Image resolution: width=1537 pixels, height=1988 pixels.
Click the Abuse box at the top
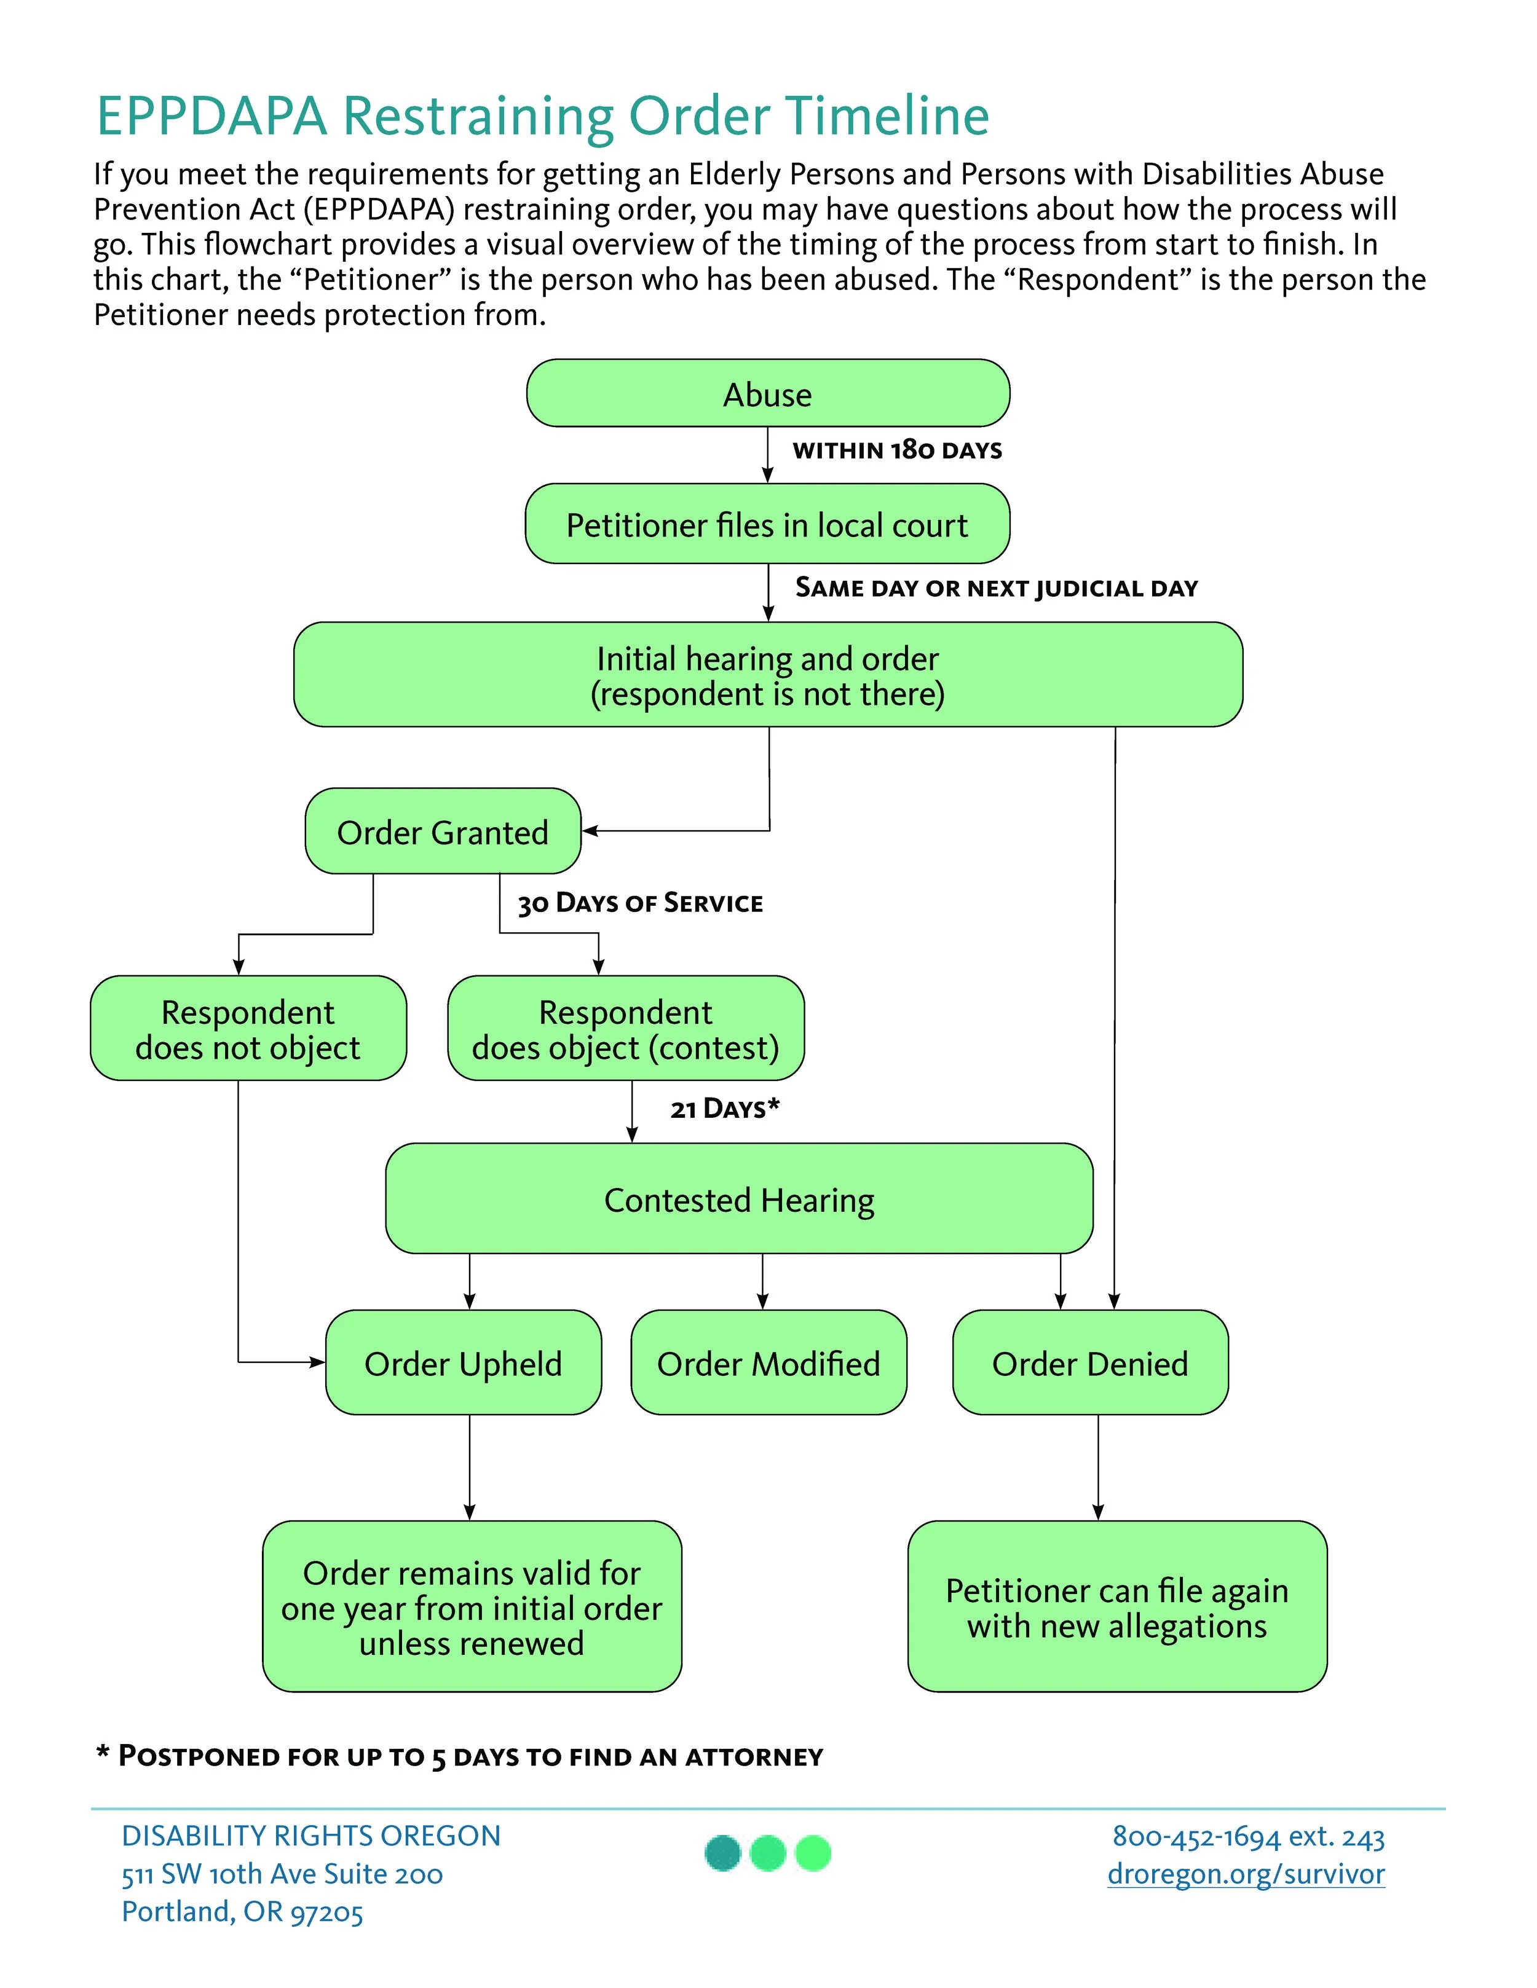(768, 393)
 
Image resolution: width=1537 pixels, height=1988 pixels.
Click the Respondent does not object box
(248, 1029)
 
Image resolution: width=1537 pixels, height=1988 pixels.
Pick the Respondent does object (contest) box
(625, 1029)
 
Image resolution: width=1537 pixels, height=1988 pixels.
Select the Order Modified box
(768, 1362)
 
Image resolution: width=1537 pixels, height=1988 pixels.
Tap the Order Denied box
(1090, 1362)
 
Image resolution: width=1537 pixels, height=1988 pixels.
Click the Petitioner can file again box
(1117, 1606)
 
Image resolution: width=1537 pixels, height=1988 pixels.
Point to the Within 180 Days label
(897, 450)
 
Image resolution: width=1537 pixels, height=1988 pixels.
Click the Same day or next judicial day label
(996, 588)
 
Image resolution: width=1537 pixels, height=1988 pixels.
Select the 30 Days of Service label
(640, 903)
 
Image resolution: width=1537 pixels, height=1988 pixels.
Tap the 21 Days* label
(725, 1109)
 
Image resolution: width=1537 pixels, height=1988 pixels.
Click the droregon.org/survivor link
(1246, 1874)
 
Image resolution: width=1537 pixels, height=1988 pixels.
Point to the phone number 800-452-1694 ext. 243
(1247, 1836)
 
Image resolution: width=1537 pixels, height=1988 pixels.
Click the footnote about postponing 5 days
(460, 1756)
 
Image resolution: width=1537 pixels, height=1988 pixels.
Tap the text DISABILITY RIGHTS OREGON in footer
(312, 1836)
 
